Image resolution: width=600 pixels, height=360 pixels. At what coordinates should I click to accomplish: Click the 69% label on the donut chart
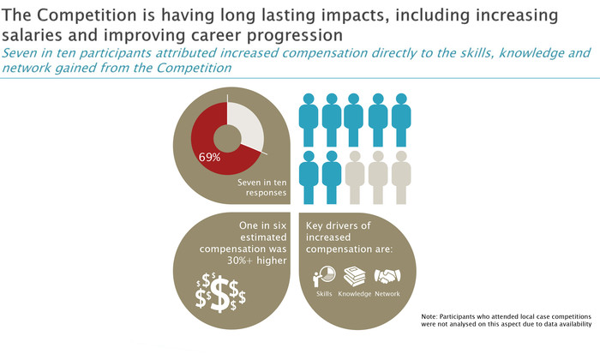[209, 157]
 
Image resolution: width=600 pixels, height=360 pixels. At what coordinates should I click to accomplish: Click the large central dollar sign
[220, 294]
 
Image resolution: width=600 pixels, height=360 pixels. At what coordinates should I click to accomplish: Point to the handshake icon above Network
[387, 276]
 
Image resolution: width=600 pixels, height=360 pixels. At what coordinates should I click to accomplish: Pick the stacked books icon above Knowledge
[354, 276]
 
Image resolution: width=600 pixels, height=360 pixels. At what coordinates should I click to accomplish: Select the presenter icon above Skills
[324, 277]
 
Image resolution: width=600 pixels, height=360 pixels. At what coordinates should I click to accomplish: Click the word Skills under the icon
[324, 294]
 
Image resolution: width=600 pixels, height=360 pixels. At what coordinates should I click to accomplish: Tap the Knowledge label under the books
[355, 294]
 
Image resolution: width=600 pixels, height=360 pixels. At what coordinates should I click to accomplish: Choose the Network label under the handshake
[387, 294]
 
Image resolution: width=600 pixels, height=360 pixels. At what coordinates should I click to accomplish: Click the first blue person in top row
[309, 120]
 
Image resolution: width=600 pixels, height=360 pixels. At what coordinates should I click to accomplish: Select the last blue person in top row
[401, 120]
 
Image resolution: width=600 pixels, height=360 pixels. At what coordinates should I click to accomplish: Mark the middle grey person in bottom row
[378, 177]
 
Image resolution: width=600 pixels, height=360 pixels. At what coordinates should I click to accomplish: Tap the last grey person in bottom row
[401, 177]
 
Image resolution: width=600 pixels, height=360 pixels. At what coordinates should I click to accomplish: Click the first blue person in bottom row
[309, 177]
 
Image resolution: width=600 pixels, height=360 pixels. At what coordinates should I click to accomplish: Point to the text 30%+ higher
[257, 261]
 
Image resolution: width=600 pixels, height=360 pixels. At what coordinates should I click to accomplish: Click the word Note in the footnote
[429, 317]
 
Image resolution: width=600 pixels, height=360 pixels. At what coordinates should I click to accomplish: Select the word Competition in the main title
[87, 15]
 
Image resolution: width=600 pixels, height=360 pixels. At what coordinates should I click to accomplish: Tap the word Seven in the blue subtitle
[15, 53]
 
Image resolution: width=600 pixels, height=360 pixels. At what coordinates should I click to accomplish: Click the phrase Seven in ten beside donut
[261, 183]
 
